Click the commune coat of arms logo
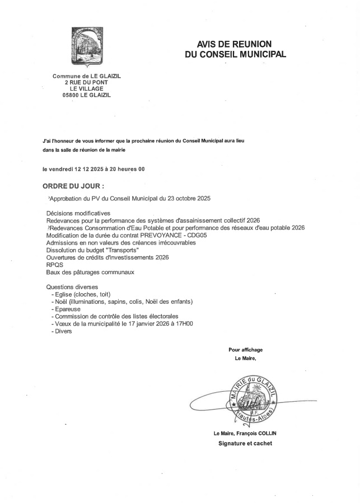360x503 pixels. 86,47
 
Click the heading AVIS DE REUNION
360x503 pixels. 234,44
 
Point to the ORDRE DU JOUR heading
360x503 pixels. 73,186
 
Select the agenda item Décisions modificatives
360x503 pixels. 78,213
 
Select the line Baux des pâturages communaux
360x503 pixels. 91,272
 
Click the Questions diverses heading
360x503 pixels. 73,287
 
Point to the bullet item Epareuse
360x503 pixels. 67,309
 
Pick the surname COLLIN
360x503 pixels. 268,434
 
